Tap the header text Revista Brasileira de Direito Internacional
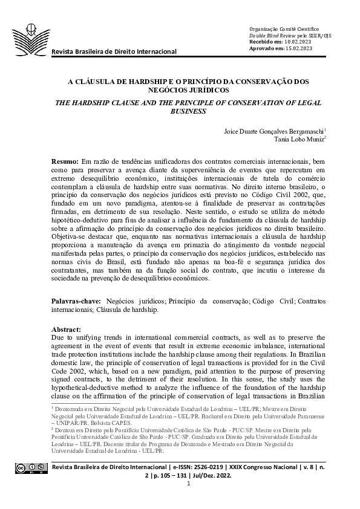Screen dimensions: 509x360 [x=114, y=51]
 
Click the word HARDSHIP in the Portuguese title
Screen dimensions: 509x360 [x=138, y=80]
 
